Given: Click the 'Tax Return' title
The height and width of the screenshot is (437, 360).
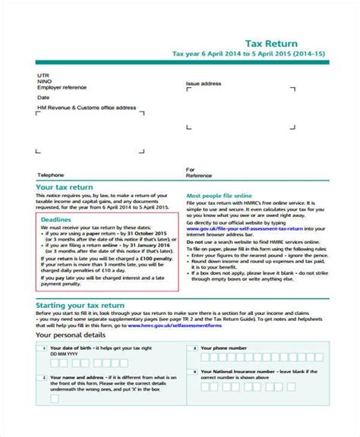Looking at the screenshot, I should [x=276, y=44].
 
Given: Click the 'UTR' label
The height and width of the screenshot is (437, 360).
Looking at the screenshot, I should [x=43, y=76].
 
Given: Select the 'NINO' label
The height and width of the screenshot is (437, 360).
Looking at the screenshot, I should [x=44, y=82].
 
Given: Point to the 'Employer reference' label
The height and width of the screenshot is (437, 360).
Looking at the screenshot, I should [x=61, y=89].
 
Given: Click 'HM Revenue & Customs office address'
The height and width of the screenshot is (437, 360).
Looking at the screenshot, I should [x=87, y=108].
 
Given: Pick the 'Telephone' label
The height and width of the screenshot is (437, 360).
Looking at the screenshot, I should [x=51, y=174].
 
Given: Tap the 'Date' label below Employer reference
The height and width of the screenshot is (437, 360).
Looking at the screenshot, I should [x=44, y=98].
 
